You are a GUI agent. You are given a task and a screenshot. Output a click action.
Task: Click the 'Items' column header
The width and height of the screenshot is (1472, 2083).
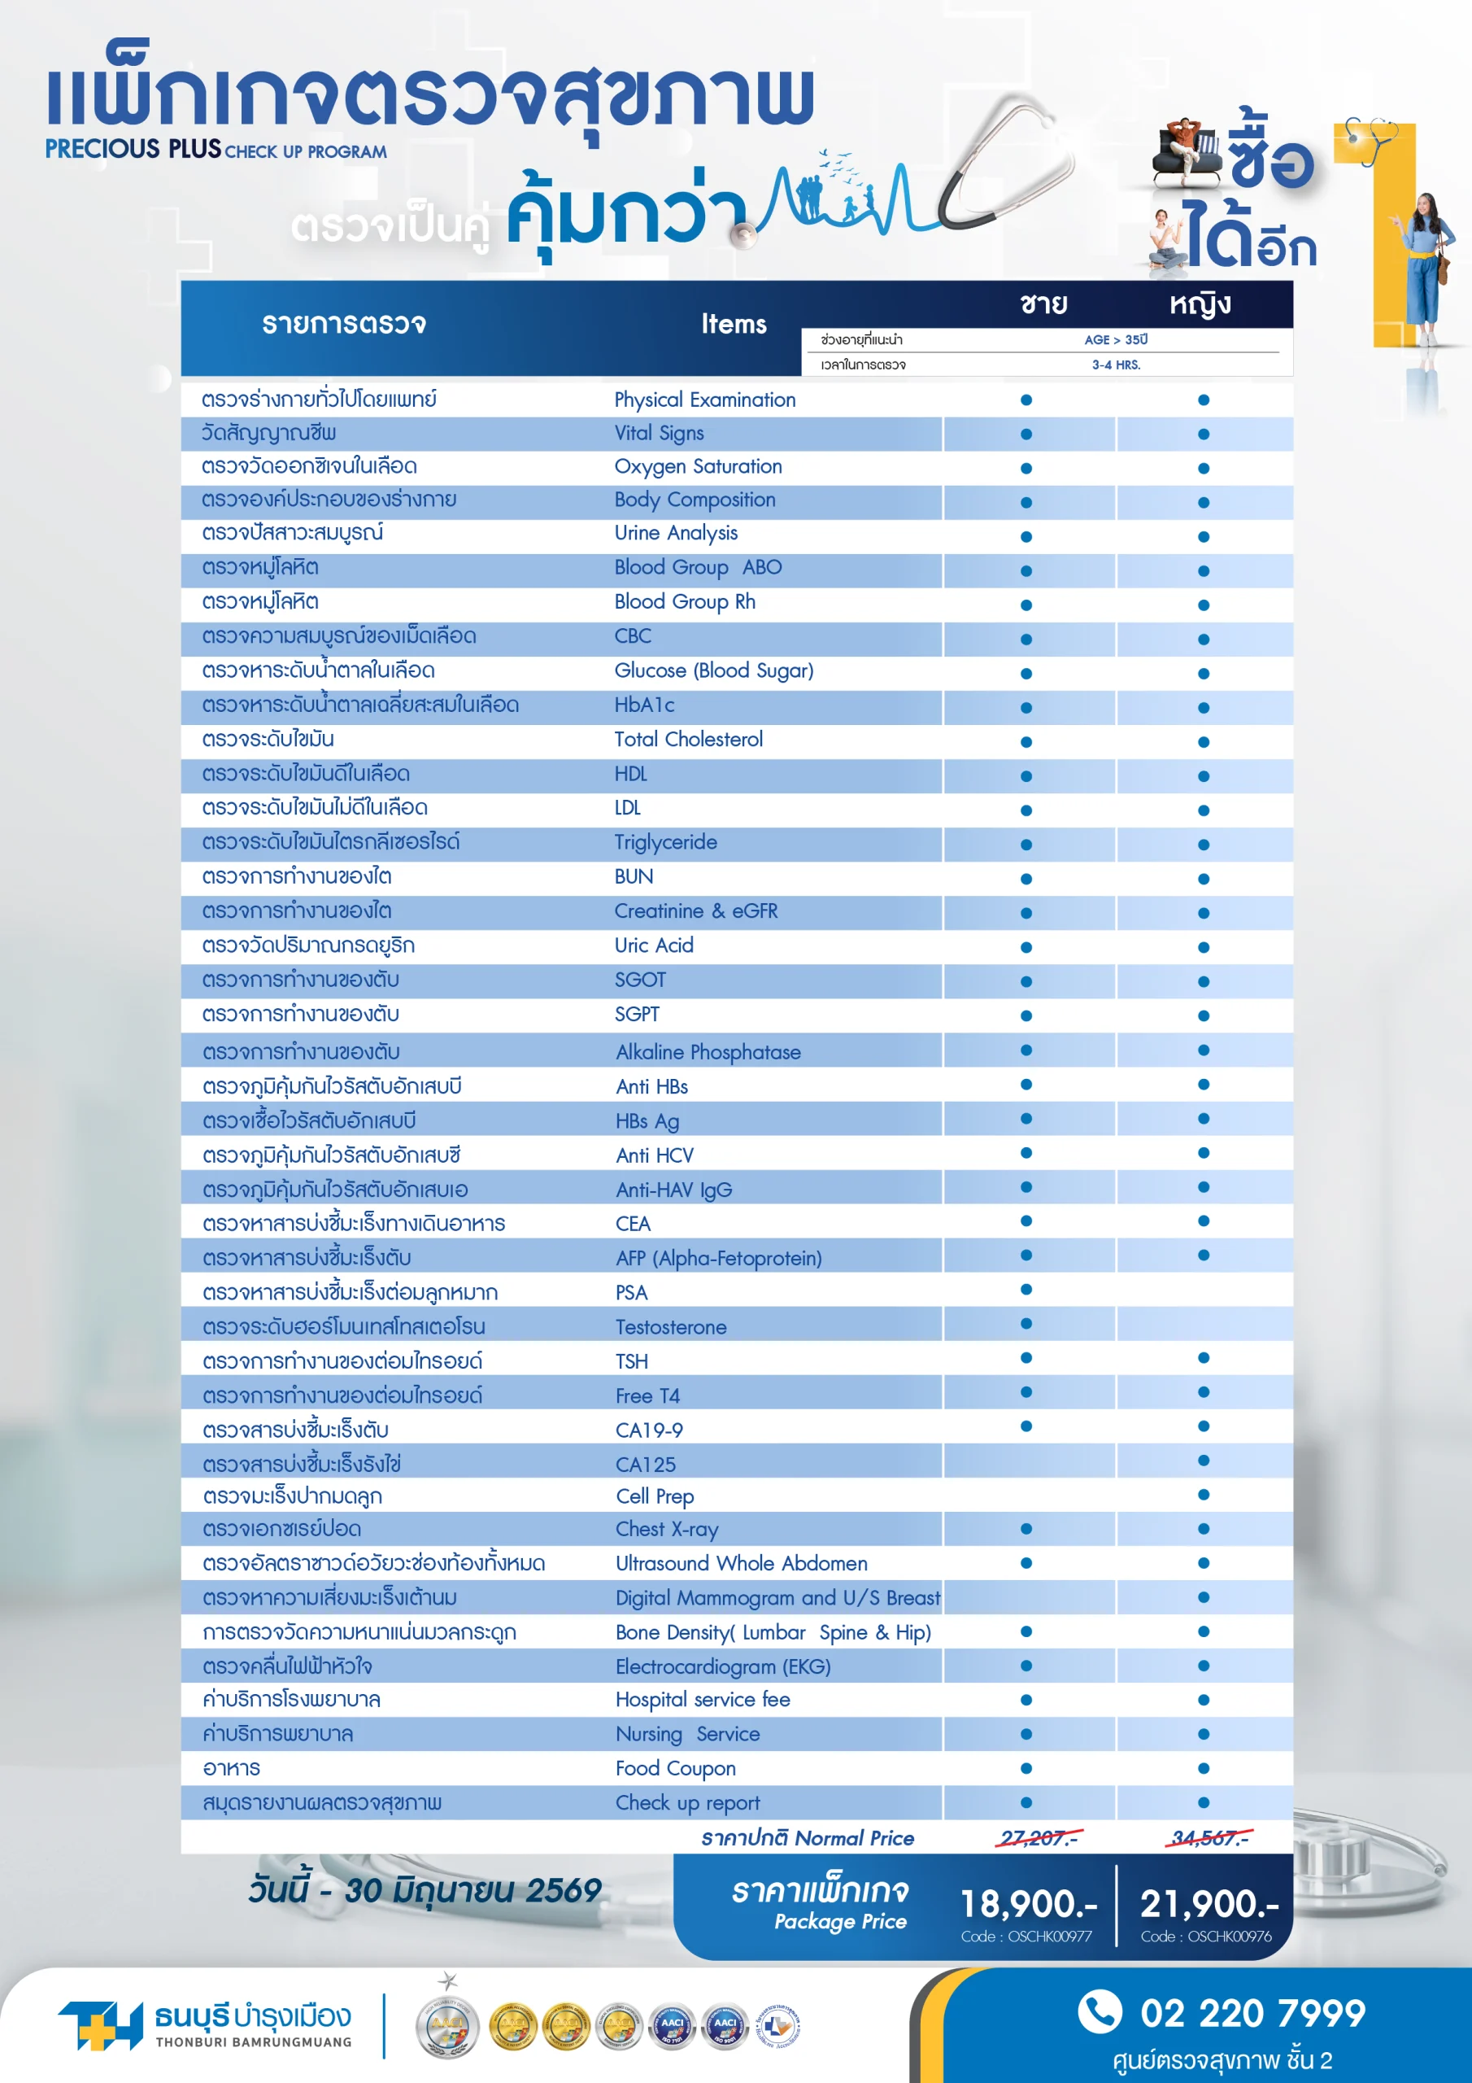733,324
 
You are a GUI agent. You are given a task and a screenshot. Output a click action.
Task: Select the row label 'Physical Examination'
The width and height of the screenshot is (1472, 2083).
705,400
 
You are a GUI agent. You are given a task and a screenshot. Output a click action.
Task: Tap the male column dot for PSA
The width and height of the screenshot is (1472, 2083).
1026,1289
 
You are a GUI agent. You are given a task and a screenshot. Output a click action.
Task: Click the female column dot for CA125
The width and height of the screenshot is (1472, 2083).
1204,1461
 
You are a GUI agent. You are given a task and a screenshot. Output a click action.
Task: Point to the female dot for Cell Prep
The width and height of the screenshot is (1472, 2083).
1204,1494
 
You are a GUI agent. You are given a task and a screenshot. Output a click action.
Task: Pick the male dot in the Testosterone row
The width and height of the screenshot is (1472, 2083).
1026,1324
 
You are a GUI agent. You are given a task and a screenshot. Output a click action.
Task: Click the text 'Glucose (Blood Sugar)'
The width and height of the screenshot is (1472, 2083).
714,670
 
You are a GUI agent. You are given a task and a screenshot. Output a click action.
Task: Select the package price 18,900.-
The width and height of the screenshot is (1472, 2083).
1028,1903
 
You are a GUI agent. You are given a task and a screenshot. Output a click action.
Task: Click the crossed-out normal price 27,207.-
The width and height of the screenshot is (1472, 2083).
1039,1838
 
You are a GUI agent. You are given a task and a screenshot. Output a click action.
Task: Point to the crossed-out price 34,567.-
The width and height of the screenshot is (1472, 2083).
1210,1838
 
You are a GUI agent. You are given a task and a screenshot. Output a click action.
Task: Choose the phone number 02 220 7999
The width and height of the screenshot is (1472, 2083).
1252,2013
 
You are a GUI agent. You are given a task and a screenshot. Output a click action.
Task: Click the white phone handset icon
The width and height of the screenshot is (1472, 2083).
1100,2011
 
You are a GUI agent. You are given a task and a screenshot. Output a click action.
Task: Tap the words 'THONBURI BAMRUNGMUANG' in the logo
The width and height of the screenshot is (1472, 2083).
253,2042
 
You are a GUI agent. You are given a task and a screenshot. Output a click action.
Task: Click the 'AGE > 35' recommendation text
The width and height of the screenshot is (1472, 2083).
1116,339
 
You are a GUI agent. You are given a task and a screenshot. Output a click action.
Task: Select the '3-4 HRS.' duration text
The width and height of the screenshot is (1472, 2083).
1116,365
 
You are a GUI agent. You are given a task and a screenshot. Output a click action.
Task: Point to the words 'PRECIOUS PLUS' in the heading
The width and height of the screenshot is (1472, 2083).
133,149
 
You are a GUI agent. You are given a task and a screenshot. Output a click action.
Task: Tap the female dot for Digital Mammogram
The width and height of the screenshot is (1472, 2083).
1204,1596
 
